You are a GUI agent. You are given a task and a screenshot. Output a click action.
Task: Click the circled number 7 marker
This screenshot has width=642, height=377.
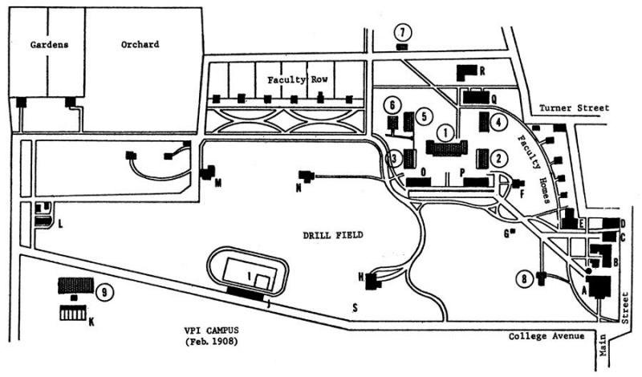pyautogui.click(x=404, y=32)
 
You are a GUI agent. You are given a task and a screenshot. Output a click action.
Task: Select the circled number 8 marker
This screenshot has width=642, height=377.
pyautogui.click(x=525, y=279)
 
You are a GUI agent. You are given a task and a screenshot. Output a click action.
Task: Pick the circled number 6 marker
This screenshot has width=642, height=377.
pyautogui.click(x=392, y=105)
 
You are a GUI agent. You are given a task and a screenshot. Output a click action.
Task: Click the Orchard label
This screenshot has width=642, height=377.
pyautogui.click(x=140, y=45)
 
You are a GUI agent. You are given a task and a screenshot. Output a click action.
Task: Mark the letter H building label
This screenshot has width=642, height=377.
pyautogui.click(x=361, y=278)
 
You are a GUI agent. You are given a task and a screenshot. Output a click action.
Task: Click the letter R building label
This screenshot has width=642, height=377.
pyautogui.click(x=482, y=71)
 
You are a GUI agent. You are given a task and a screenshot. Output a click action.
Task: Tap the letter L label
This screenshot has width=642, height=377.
pyautogui.click(x=59, y=227)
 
